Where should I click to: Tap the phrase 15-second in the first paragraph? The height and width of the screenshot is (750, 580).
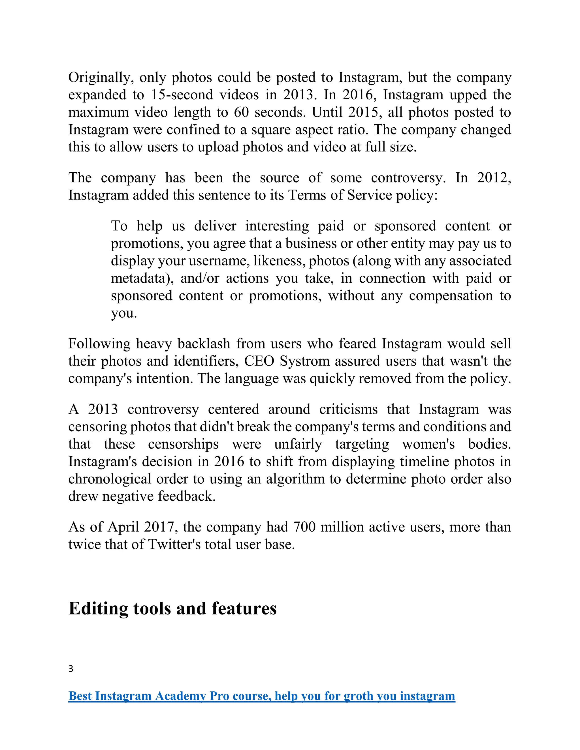pyautogui.click(x=182, y=95)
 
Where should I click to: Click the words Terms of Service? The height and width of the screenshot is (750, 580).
pyautogui.click(x=340, y=195)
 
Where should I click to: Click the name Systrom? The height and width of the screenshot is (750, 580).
pyautogui.click(x=300, y=361)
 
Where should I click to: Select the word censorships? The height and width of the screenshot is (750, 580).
pyautogui.click(x=183, y=444)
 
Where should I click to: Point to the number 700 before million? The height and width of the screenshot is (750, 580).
pyautogui.click(x=304, y=527)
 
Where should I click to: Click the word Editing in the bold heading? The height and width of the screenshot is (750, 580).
pyautogui.click(x=98, y=608)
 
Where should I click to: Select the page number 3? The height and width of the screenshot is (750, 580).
pyautogui.click(x=71, y=668)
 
